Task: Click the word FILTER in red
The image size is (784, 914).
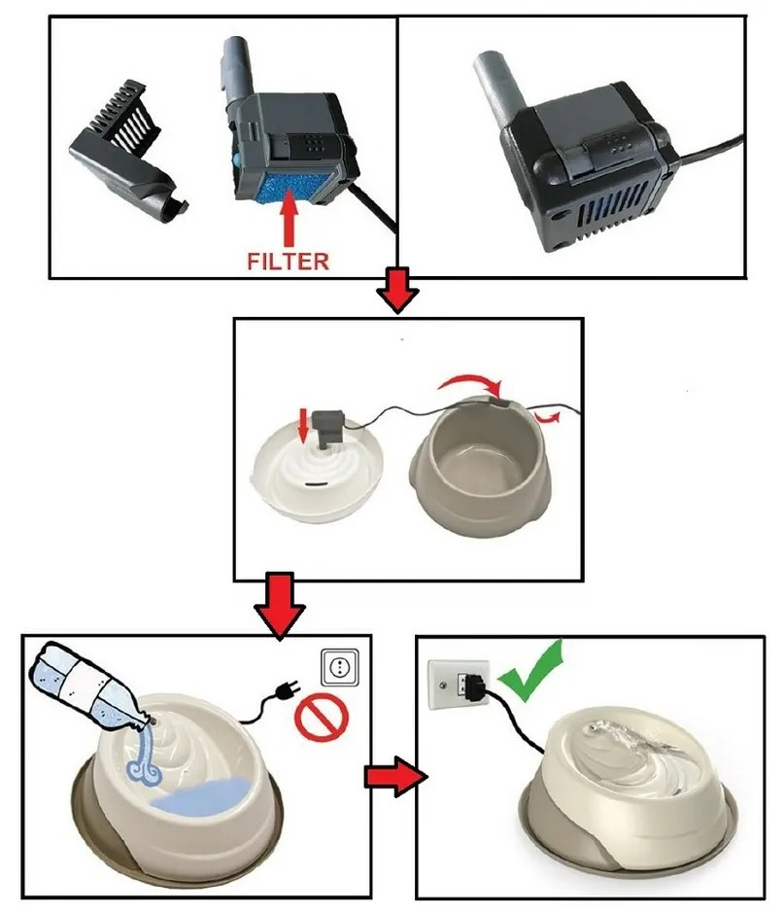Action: tap(289, 261)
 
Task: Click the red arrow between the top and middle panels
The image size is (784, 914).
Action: tap(396, 291)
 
